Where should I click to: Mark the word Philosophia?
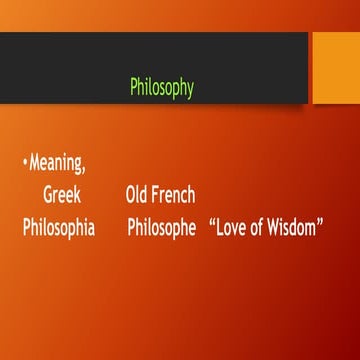click(x=59, y=229)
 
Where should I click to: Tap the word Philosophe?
click(x=161, y=229)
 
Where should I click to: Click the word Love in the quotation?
click(x=234, y=229)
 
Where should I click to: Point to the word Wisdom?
click(x=294, y=229)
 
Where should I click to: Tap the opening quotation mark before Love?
click(x=213, y=223)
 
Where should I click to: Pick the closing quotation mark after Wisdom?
click(x=322, y=223)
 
